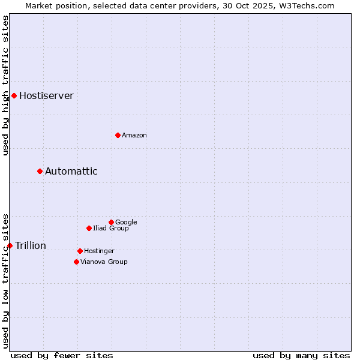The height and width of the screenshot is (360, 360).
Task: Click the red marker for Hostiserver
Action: tap(14, 95)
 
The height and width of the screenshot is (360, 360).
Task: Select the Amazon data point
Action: tap(118, 135)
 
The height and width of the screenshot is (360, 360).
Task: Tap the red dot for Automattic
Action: tap(40, 171)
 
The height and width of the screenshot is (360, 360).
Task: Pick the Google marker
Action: tap(111, 222)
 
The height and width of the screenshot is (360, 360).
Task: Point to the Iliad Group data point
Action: tap(89, 228)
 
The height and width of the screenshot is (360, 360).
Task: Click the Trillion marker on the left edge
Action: tap(10, 245)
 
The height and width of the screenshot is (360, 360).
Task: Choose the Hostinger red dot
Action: tap(80, 251)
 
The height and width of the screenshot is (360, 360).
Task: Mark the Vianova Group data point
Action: tap(76, 262)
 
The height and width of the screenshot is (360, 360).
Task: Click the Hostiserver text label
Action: tap(46, 96)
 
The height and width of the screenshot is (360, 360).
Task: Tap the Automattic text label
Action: tap(71, 172)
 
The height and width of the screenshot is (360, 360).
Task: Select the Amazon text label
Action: tap(134, 136)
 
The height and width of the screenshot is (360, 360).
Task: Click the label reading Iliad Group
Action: tap(110, 229)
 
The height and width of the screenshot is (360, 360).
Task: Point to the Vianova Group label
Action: tap(104, 262)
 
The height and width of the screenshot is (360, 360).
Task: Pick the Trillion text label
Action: tap(30, 246)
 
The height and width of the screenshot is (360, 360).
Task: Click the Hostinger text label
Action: tap(99, 251)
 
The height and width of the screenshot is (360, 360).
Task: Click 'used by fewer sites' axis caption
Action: tap(62, 356)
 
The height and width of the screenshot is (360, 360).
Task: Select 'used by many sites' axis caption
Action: tap(301, 356)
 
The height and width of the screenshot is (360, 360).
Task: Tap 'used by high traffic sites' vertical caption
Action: tap(5, 85)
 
